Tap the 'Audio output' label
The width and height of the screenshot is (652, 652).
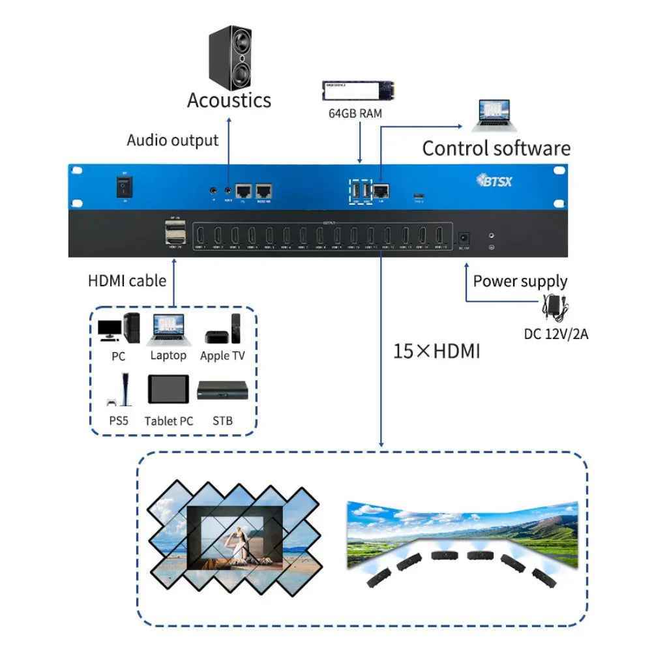[173, 140]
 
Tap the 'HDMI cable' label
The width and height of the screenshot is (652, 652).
[127, 281]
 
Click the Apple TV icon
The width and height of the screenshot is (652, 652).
[223, 329]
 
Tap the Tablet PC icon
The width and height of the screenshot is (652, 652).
[168, 390]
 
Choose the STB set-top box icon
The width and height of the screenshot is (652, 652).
[223, 391]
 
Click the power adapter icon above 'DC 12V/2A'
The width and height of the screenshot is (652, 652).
[555, 306]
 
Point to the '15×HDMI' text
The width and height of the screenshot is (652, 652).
[436, 352]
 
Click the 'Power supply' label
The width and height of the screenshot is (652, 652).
[520, 282]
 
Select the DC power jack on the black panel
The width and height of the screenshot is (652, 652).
[465, 239]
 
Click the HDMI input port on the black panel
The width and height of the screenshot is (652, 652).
[173, 233]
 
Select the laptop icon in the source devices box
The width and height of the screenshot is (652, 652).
[168, 329]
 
